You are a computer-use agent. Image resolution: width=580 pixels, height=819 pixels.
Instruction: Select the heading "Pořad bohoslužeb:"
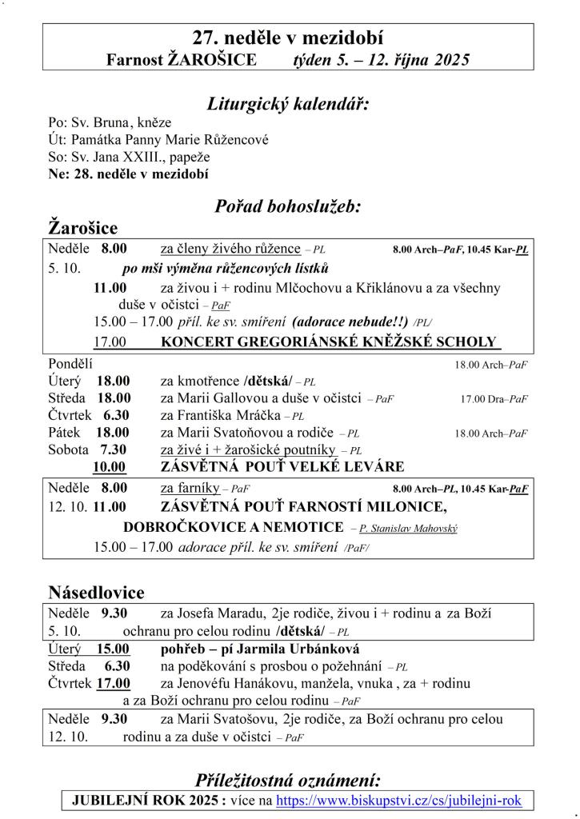coord(288,206)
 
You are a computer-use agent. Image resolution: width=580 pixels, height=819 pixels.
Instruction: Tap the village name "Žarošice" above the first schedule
coord(83,227)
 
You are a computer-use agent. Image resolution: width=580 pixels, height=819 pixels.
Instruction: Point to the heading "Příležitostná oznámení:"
coord(288,781)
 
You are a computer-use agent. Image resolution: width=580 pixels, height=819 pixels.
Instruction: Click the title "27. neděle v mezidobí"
coord(288,37)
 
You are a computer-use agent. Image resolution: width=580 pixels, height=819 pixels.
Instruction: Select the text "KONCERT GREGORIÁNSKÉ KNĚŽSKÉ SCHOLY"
coord(329,342)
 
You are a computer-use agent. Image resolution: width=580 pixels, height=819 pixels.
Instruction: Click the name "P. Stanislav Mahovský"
coord(408,529)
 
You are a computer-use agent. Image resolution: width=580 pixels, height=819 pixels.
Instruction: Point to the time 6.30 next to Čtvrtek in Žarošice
coord(116,416)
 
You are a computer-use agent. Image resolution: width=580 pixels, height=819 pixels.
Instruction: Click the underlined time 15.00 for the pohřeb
coord(114,649)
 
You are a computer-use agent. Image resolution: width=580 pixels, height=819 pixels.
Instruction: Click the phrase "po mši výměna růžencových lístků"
coord(225,268)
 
